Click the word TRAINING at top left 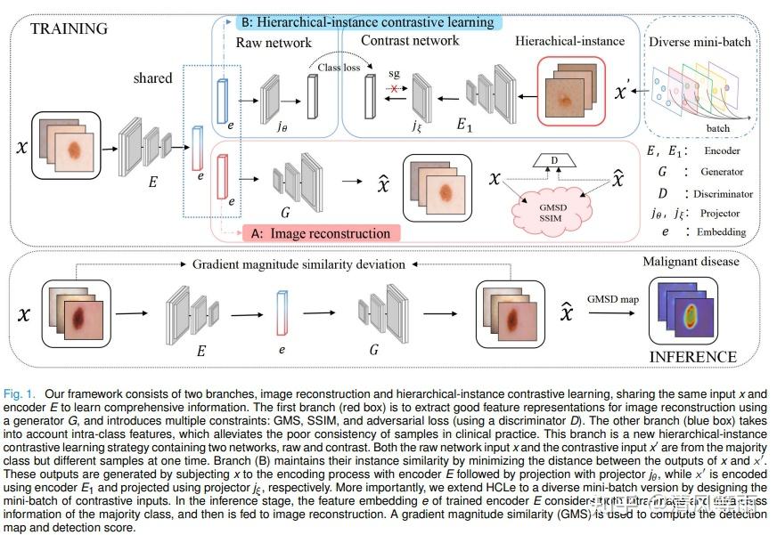[69, 28]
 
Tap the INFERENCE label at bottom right [692, 357]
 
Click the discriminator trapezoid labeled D [552, 161]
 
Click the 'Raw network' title [274, 43]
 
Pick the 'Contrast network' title [410, 41]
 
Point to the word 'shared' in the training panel [152, 78]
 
